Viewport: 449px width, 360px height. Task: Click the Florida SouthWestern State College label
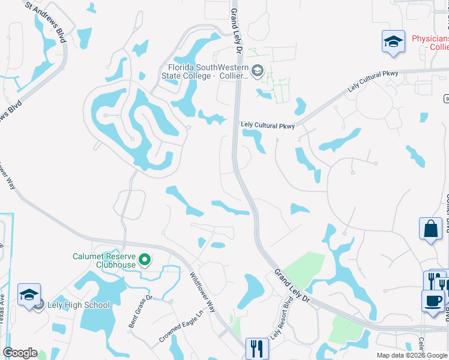coord(205,71)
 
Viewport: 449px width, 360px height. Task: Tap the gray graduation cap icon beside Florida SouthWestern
coord(258,71)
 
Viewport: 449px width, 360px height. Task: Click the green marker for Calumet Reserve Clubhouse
coord(145,260)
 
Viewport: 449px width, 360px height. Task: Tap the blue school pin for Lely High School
coord(29,295)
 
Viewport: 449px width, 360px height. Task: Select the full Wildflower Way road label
coord(202,293)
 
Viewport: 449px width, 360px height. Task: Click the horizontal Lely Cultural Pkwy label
coord(268,125)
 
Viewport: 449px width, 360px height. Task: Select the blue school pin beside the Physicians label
coord(393,43)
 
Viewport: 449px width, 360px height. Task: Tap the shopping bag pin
coord(430,229)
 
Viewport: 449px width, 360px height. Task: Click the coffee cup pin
coord(432,301)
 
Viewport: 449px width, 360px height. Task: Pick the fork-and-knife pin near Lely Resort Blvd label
coord(257,348)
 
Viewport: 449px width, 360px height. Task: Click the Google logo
coord(20,353)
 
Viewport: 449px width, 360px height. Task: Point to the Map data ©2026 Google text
coord(412,355)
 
